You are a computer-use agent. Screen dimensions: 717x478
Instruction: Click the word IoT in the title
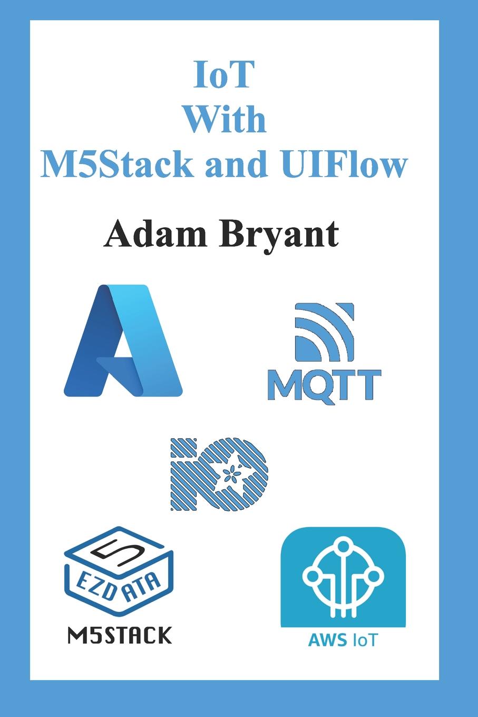click(x=225, y=75)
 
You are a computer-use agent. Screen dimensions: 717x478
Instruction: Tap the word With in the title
click(x=225, y=119)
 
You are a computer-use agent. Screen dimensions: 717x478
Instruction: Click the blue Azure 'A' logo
click(x=123, y=341)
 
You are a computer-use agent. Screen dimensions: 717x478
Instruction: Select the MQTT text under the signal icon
click(x=324, y=386)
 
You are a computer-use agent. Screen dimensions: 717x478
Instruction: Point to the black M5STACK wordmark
click(x=120, y=635)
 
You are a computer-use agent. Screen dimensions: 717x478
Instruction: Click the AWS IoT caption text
click(x=343, y=641)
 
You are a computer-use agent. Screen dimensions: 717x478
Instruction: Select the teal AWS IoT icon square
click(x=343, y=577)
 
